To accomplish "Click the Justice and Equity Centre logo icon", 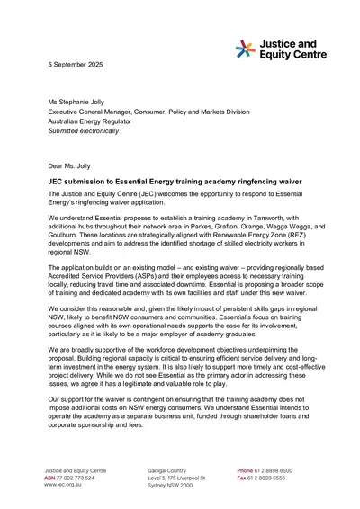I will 245,49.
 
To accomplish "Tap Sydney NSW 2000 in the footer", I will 171,485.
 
